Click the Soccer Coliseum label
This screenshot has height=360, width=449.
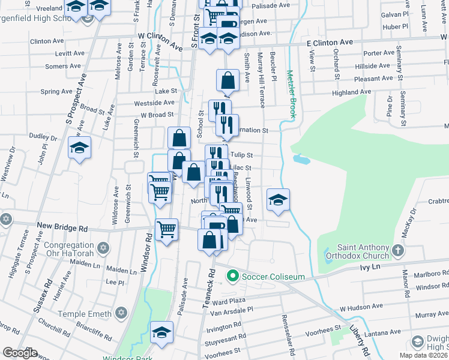point(273,277)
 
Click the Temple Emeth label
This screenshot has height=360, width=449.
point(85,313)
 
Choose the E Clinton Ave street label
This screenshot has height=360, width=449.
point(330,43)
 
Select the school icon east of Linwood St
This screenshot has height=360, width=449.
point(278,200)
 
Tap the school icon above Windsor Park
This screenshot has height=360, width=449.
point(161,332)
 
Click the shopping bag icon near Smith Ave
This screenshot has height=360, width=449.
point(228,80)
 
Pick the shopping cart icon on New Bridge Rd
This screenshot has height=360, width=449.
point(166,229)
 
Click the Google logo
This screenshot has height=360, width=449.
point(20,353)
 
